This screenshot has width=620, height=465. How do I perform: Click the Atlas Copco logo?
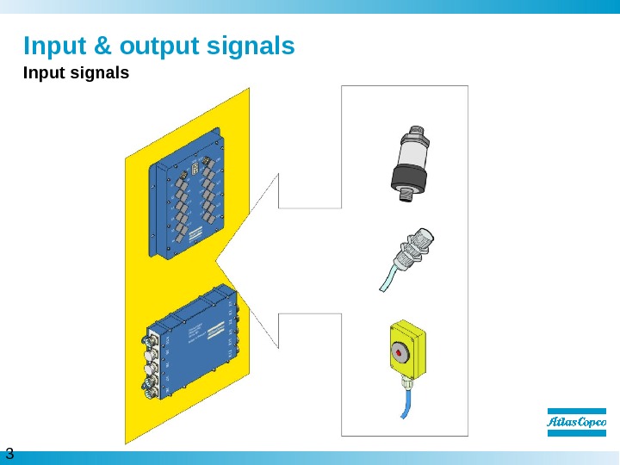click(x=577, y=422)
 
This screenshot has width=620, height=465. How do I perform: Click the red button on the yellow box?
click(x=400, y=350)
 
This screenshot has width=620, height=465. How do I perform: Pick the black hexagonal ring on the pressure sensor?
click(x=406, y=178)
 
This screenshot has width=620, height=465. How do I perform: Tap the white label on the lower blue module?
click(x=195, y=327)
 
